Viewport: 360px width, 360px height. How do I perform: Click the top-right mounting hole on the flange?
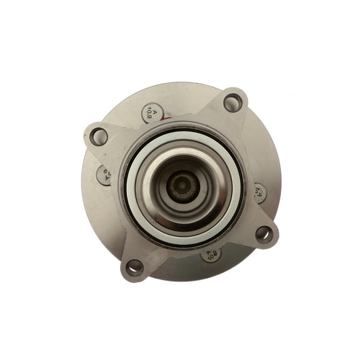pos(233,102)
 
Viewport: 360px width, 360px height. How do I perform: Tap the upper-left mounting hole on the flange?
pos(98,137)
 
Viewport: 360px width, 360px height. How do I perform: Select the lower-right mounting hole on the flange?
pos(264,234)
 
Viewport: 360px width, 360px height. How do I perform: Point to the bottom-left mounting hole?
pos(134,267)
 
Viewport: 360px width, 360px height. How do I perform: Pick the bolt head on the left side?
pos(104,175)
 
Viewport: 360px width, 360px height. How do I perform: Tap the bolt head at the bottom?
pos(211,253)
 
